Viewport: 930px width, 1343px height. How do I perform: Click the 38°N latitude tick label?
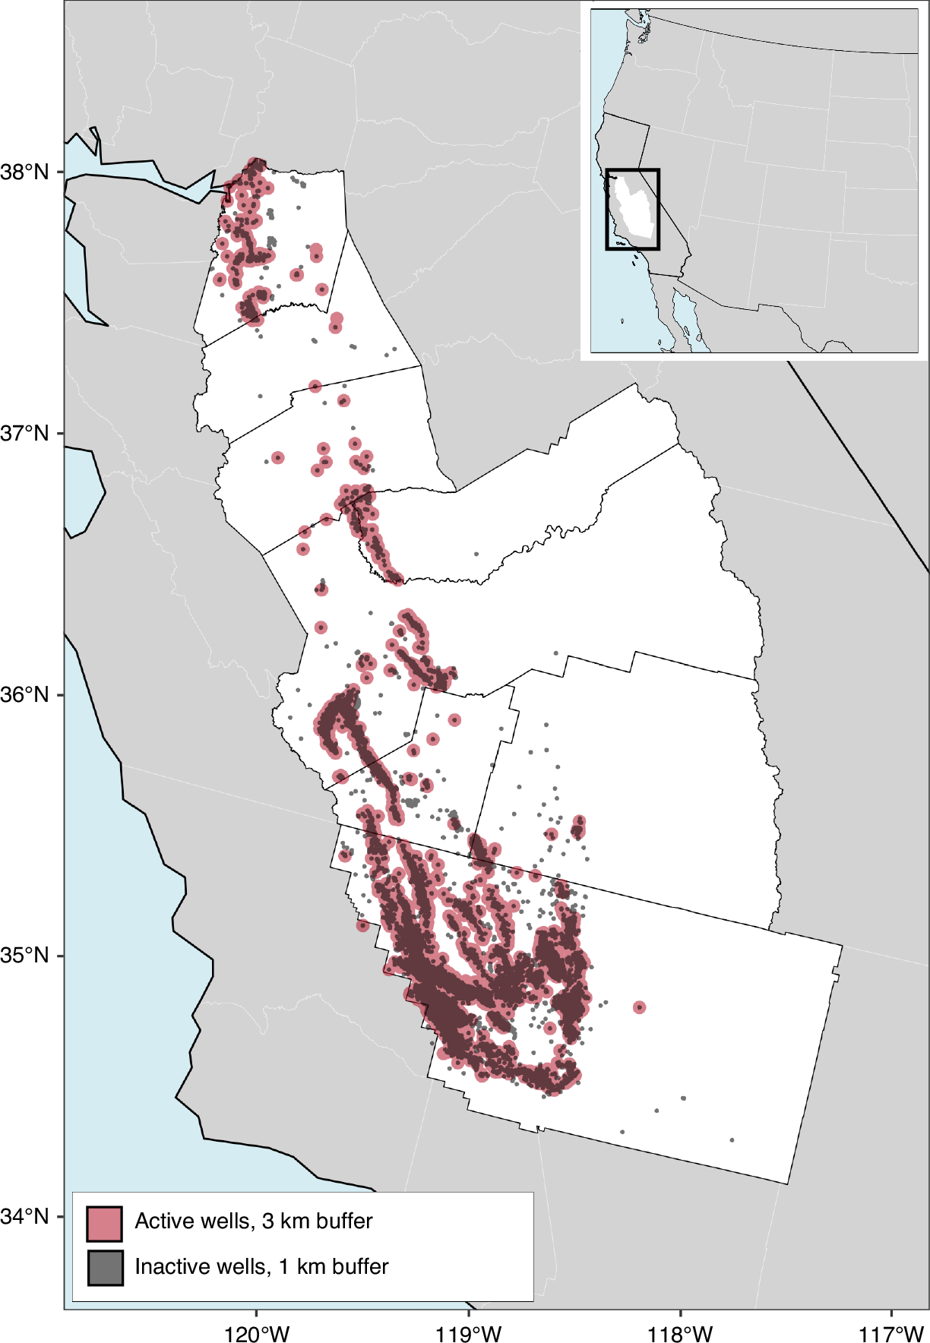[x=24, y=172]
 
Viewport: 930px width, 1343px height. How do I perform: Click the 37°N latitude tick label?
[x=24, y=434]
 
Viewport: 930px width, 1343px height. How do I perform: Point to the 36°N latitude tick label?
[x=24, y=694]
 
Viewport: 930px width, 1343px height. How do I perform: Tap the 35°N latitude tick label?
[x=24, y=956]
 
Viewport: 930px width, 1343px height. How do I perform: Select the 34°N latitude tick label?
[x=24, y=1216]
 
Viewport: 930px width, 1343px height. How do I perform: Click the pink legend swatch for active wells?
[x=105, y=1223]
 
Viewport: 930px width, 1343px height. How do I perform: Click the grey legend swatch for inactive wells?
[x=105, y=1268]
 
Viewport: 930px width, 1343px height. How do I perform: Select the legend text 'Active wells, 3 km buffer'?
[x=254, y=1221]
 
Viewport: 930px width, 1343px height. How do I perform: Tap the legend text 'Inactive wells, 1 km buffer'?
[x=261, y=1266]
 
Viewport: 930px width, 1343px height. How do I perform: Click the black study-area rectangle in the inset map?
[x=659, y=209]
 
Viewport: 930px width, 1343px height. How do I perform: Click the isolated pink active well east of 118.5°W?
[x=639, y=1007]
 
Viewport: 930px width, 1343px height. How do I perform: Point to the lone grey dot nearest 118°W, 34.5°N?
[x=683, y=1098]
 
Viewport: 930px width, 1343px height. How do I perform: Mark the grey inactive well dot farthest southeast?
[x=732, y=1139]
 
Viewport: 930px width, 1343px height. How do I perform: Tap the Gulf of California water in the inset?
[x=688, y=319]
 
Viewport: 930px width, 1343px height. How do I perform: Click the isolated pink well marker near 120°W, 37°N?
[x=278, y=457]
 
